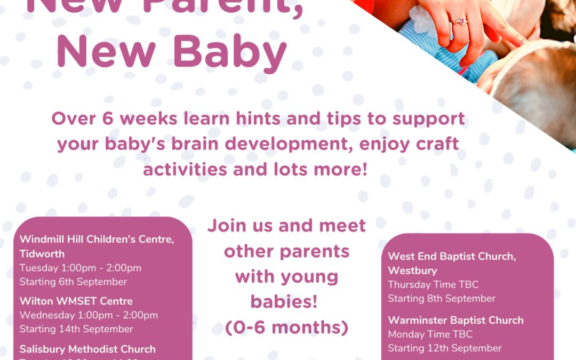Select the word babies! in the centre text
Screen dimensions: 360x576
(x=284, y=302)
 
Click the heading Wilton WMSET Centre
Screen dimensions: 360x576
(x=76, y=301)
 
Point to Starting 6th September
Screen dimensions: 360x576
(x=73, y=282)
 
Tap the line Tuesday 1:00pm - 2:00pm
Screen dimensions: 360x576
(x=80, y=268)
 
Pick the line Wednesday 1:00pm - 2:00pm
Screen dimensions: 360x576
(x=89, y=315)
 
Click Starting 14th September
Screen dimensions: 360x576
(x=76, y=329)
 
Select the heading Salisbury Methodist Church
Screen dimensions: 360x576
(x=87, y=349)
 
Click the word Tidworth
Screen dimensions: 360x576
(x=42, y=253)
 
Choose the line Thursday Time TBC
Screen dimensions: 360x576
(x=433, y=284)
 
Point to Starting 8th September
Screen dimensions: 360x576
(x=442, y=298)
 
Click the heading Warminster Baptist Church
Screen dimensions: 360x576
(x=455, y=320)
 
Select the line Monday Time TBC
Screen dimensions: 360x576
(x=430, y=334)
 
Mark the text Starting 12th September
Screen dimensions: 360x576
(x=445, y=348)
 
